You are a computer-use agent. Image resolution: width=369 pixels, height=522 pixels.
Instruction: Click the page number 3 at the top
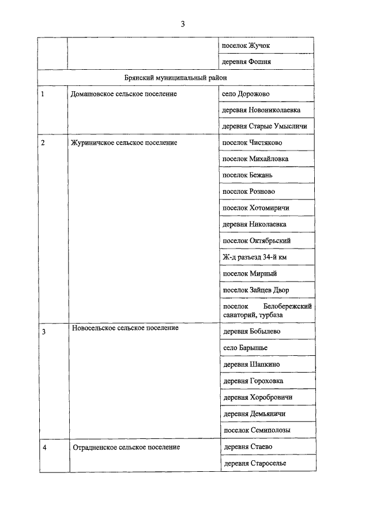(x=183, y=24)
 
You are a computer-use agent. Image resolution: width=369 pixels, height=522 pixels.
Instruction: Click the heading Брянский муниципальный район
(x=176, y=77)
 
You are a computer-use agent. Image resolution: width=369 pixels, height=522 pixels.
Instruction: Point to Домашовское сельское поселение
(x=123, y=93)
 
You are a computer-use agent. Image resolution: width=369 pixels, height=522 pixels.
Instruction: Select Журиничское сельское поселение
(x=123, y=142)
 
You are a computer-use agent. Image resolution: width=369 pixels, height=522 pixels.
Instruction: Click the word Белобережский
(x=287, y=306)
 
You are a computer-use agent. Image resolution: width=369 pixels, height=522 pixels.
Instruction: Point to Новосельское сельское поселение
(x=125, y=328)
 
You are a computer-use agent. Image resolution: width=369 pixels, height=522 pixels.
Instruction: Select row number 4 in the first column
(x=44, y=447)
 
